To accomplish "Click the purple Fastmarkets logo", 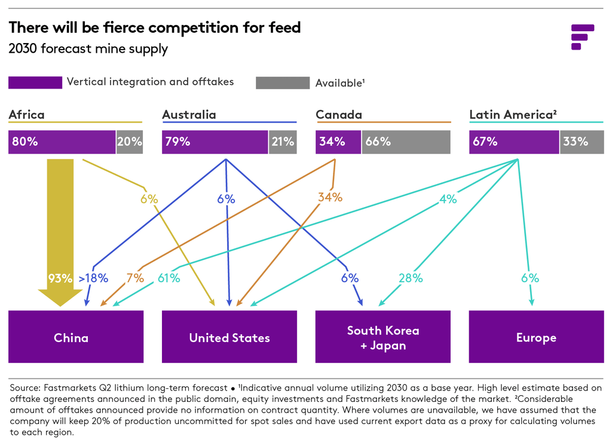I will (582, 36).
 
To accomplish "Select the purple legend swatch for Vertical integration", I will (35, 83).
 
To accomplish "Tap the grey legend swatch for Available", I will (282, 83).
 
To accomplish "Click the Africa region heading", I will (26, 114).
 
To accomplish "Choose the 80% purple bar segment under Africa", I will (62, 142).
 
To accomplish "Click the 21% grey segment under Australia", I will (283, 142).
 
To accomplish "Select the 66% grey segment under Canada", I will (406, 142).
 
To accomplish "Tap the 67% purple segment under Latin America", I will (514, 142).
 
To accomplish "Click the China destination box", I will (76, 337).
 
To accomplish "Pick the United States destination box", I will (229, 337).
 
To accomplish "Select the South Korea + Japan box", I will (383, 337).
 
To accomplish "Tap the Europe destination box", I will (536, 337).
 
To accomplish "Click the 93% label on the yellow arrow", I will (60, 278).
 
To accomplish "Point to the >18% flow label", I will (93, 278).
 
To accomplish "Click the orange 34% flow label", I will (330, 197).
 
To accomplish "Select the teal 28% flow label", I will (411, 278).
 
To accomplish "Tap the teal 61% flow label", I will (169, 278).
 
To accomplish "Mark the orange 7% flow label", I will (135, 278).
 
